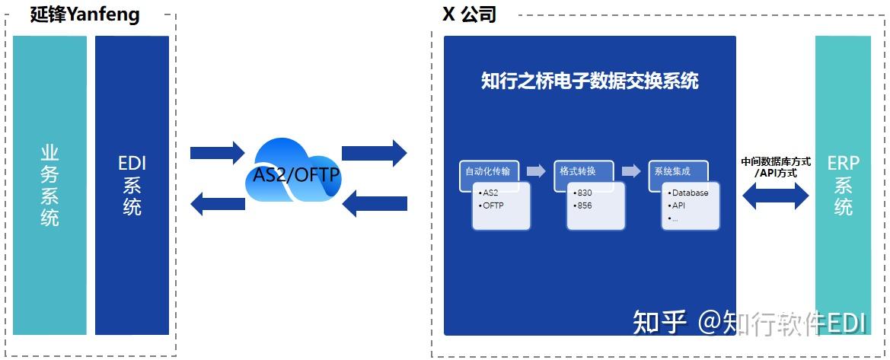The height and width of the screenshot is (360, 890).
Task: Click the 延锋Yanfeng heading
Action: (x=85, y=14)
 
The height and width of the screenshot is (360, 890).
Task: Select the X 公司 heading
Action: (x=469, y=14)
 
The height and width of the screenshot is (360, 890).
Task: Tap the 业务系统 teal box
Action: (x=49, y=185)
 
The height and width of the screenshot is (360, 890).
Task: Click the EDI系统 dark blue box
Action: (x=132, y=185)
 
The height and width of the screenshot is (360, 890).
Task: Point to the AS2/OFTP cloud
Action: (x=293, y=175)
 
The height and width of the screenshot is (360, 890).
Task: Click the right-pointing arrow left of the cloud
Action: (x=217, y=153)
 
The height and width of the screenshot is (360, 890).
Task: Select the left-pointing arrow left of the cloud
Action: (x=217, y=203)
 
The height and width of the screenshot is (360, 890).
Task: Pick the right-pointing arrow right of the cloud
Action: (x=375, y=153)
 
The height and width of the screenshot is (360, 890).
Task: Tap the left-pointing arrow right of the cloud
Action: (x=375, y=203)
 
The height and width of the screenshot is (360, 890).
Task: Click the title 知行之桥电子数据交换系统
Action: (x=589, y=81)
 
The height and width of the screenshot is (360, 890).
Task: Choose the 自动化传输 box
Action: (x=489, y=171)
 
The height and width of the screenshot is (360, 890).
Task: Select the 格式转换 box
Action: (x=583, y=171)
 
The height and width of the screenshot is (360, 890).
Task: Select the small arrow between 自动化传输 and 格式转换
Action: (x=536, y=171)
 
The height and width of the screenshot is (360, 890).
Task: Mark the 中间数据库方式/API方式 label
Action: (x=776, y=167)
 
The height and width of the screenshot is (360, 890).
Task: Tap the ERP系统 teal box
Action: (x=843, y=185)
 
